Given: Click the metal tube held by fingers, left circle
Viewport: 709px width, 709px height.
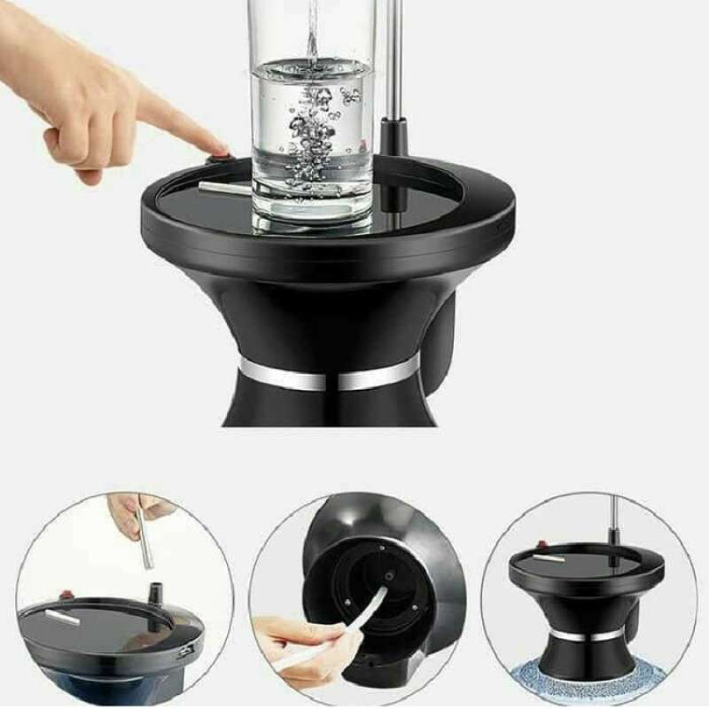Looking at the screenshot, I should point(144,541).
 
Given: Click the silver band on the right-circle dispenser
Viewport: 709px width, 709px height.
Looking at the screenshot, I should point(588,635).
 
